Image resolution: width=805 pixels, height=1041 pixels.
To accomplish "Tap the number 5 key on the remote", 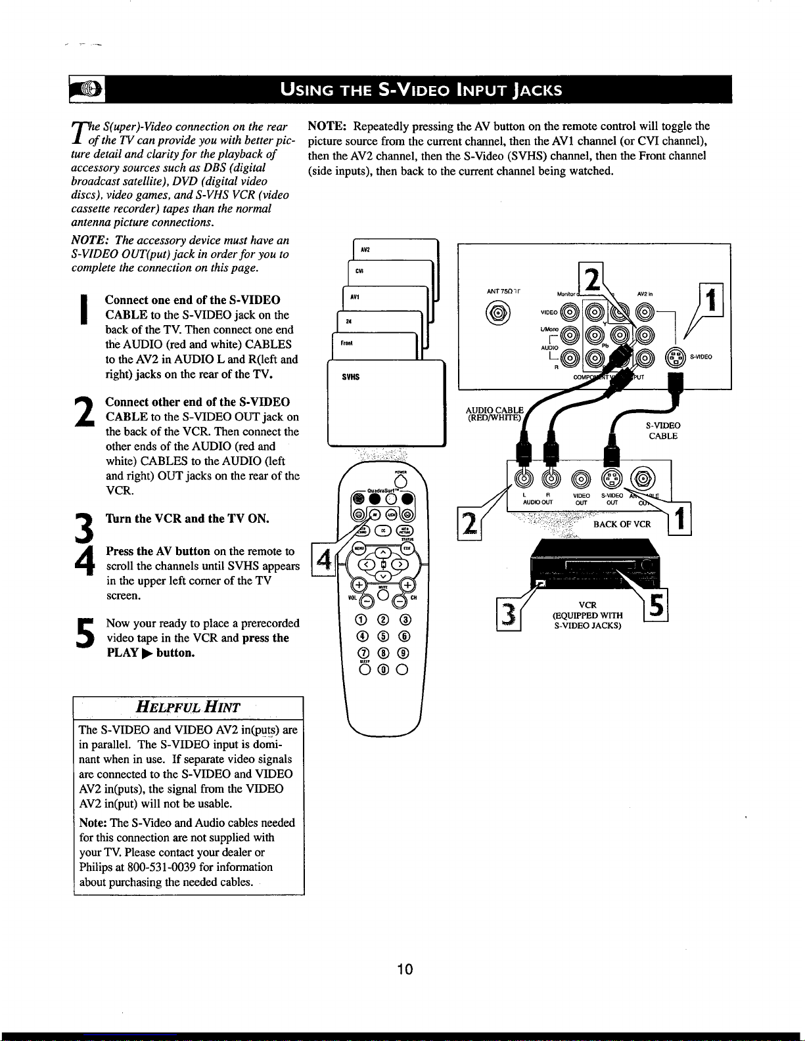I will (382, 636).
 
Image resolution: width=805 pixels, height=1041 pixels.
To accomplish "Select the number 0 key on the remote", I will (382, 670).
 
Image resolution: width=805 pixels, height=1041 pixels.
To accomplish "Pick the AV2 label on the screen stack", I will (365, 250).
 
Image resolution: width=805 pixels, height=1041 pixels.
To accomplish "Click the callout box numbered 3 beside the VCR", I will (509, 615).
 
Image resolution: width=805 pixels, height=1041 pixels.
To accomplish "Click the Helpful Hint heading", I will (187, 707).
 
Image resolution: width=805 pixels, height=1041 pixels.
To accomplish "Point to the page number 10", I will (405, 969).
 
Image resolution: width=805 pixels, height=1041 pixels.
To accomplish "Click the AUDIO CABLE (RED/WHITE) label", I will (493, 413).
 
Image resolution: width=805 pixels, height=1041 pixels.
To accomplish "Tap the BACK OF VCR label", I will (622, 524).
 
